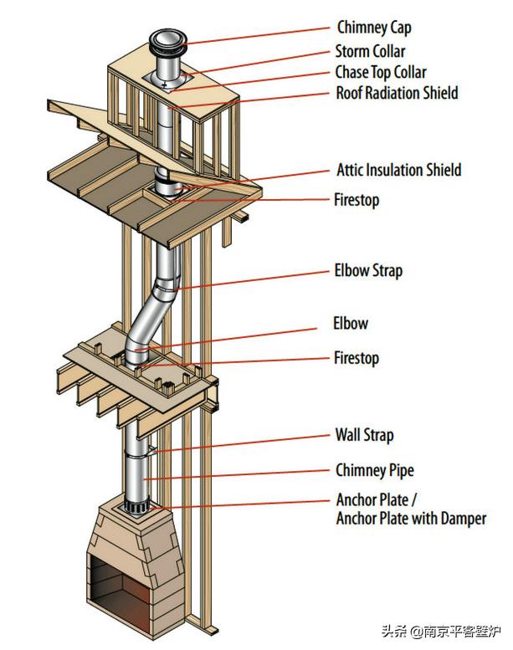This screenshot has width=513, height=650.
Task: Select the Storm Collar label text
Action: [371, 51]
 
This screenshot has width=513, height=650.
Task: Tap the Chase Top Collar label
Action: [381, 72]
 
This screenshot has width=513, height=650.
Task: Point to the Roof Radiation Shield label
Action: [397, 93]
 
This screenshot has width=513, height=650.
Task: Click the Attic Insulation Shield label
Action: [398, 171]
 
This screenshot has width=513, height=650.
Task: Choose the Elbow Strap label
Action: [369, 271]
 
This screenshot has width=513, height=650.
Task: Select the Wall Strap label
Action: [364, 435]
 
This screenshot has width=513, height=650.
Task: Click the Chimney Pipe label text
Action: [375, 470]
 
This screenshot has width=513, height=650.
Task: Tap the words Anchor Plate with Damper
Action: [411, 519]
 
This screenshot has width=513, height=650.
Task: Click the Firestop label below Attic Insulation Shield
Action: [357, 201]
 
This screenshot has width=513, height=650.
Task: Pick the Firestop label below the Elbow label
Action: [357, 358]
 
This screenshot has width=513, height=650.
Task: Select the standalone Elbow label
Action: [351, 324]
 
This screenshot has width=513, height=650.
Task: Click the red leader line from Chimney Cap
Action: [259, 35]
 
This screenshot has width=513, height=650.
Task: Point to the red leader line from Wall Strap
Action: [243, 444]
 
